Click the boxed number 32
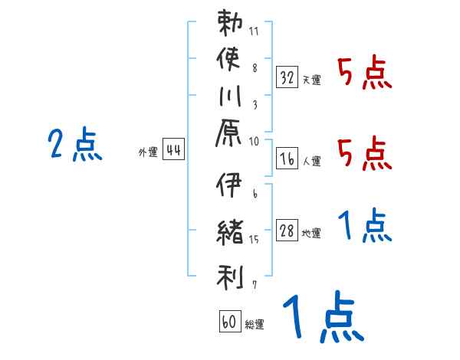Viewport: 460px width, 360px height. point(287,77)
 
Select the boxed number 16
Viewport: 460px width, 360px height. point(287,159)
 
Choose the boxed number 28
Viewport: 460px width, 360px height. point(287,231)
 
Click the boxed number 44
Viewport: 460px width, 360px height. point(173,150)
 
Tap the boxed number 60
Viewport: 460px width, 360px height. point(229,322)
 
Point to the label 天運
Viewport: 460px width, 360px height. point(312,80)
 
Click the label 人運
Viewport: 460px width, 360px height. point(312,161)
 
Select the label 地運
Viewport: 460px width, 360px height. point(312,234)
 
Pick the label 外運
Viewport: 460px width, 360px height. point(148,152)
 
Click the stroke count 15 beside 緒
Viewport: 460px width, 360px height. point(255,240)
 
